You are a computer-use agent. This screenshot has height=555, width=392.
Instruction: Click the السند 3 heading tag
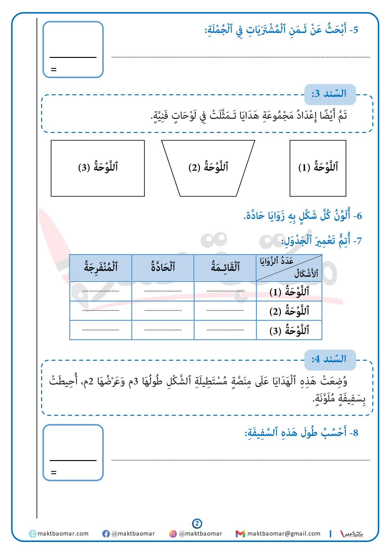[330, 94]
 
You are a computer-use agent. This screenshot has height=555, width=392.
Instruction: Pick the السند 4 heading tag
[330, 359]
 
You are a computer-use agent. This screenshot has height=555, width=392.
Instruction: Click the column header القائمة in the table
[225, 268]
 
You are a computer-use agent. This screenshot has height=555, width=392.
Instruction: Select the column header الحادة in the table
[163, 268]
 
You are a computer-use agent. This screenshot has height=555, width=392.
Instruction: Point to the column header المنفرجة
[101, 268]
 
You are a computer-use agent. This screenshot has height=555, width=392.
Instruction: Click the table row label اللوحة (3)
[289, 331]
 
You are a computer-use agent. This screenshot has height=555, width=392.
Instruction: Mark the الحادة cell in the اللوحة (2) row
[163, 311]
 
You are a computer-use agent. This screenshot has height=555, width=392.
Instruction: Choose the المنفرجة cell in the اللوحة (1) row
[101, 291]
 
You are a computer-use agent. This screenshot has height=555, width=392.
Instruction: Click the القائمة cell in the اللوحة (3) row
[225, 330]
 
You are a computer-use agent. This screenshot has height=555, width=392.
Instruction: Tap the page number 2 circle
[197, 524]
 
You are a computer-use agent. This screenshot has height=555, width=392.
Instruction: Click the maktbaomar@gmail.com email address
[283, 534]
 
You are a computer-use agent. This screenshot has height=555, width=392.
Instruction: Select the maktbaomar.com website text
[63, 534]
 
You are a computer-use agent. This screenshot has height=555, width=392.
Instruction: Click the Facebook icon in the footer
[106, 534]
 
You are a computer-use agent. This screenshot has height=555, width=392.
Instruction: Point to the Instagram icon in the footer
[173, 534]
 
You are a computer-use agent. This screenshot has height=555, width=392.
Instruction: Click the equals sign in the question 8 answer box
[54, 473]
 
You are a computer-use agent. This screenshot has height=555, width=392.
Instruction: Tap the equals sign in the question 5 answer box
[54, 70]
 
